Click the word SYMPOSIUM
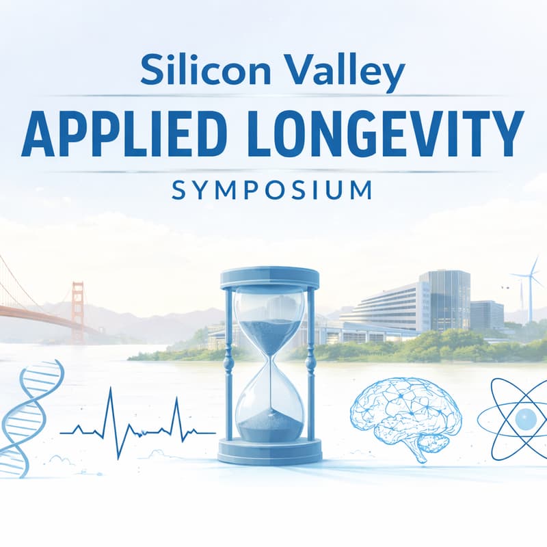pyautogui.click(x=271, y=189)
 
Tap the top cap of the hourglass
pyautogui.click(x=269, y=278)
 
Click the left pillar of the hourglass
pyautogui.click(x=228, y=362)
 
